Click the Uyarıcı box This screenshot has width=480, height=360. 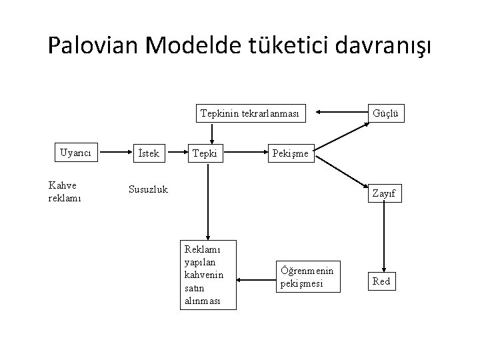pyautogui.click(x=76, y=153)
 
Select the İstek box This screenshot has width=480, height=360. pyautogui.click(x=147, y=153)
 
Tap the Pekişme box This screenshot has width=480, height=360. pyautogui.click(x=290, y=153)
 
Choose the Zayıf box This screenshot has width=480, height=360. pyautogui.click(x=385, y=193)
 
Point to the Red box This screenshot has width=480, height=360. pyautogui.click(x=381, y=281)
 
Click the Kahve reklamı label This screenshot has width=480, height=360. pyautogui.click(x=65, y=192)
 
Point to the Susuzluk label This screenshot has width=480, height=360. pyautogui.click(x=148, y=189)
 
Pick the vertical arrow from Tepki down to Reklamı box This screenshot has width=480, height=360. pyautogui.click(x=209, y=200)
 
